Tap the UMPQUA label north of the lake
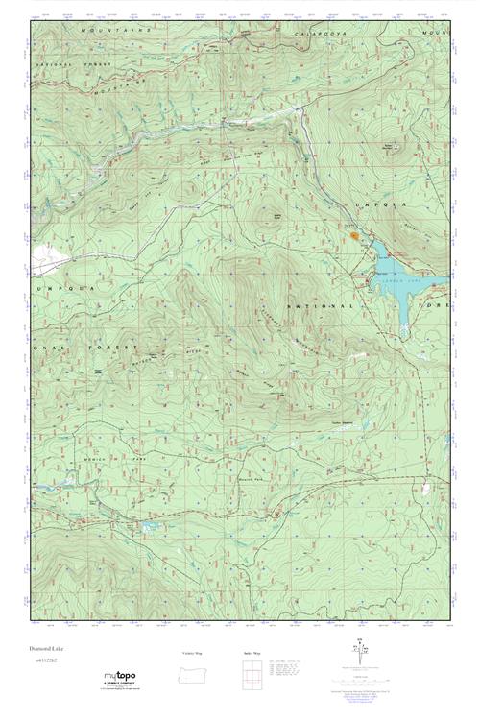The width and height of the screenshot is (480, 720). tap(378, 205)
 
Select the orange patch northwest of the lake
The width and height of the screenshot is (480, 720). tap(354, 232)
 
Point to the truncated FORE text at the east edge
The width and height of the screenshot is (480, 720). tap(438, 305)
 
